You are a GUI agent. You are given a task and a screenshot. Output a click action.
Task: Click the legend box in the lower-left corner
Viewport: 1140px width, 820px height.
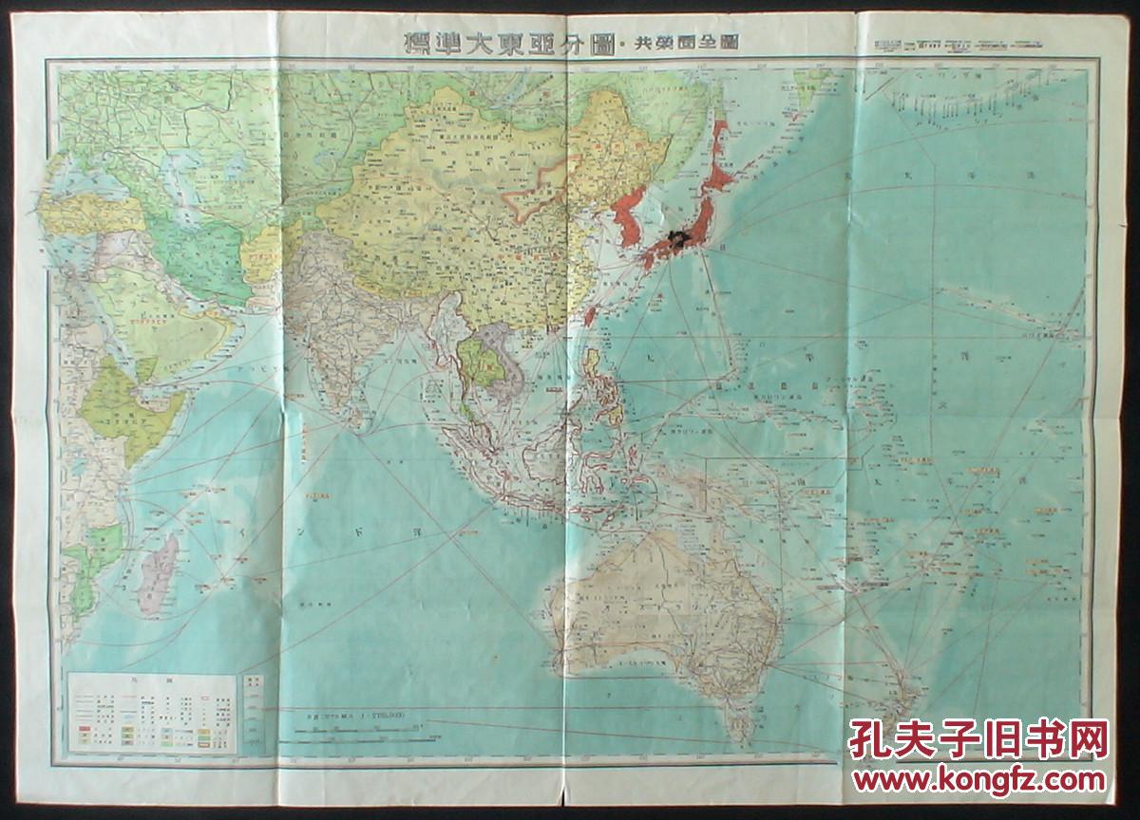[152, 712]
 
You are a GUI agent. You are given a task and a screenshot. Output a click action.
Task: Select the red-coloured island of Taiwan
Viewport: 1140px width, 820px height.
[590, 314]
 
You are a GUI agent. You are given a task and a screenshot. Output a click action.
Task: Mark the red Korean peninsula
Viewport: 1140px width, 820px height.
[627, 228]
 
